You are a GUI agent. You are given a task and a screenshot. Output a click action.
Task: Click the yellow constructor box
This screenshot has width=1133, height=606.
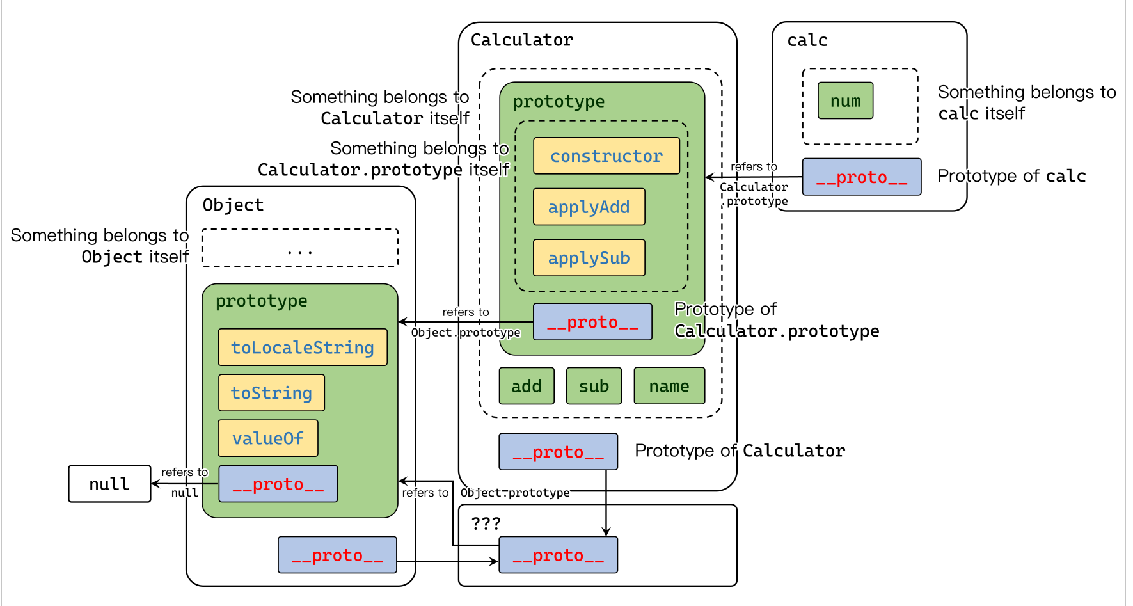(x=606, y=155)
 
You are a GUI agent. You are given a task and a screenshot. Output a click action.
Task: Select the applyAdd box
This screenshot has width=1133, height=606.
(x=589, y=207)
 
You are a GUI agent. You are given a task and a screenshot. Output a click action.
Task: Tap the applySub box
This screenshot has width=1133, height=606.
(x=589, y=258)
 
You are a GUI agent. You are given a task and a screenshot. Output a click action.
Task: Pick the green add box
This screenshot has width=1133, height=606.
(x=527, y=386)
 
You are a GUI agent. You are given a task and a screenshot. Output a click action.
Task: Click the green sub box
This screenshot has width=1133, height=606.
(x=594, y=386)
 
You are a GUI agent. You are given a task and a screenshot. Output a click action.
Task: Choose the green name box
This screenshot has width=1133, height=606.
(x=669, y=386)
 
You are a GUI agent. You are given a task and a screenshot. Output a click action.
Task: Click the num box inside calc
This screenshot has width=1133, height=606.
(x=845, y=100)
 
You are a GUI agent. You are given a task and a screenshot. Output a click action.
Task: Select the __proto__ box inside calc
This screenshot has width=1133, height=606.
(x=861, y=177)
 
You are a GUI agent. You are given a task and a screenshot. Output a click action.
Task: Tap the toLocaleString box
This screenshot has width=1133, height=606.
(x=302, y=347)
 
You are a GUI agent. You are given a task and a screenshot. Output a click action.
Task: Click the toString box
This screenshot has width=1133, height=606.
(x=271, y=393)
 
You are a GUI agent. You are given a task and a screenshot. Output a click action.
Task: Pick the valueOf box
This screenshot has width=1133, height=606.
(x=267, y=438)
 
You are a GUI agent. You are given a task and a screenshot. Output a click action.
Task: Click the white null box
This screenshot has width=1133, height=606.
(x=109, y=484)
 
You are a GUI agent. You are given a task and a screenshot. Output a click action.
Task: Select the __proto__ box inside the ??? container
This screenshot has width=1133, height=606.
(x=558, y=555)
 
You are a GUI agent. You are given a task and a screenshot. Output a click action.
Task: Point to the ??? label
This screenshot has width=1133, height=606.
(x=486, y=523)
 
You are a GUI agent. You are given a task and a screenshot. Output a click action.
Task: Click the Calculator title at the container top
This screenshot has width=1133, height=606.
(x=522, y=40)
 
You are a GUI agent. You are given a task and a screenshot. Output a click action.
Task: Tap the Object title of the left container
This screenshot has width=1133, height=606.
(x=233, y=205)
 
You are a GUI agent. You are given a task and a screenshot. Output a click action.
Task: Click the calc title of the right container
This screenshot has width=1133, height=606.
(x=807, y=40)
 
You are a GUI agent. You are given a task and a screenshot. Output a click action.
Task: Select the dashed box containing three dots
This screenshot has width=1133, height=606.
(x=299, y=248)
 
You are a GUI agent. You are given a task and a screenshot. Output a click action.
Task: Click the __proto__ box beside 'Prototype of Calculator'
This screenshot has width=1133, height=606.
(x=558, y=452)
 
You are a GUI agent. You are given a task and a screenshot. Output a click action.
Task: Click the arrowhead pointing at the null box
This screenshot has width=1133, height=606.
(x=155, y=484)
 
